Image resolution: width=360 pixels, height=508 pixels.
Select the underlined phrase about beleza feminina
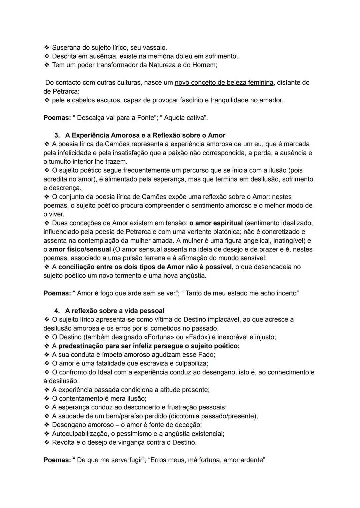click(x=224, y=83)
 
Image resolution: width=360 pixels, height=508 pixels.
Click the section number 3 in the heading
click(x=57, y=136)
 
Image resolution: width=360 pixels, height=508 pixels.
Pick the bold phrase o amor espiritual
click(x=216, y=223)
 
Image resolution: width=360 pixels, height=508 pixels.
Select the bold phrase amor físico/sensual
click(x=80, y=250)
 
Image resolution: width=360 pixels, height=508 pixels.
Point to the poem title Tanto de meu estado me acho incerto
click(x=241, y=293)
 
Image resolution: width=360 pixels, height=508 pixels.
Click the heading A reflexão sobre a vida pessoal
click(x=115, y=311)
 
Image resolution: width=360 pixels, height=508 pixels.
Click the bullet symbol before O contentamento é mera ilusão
click(x=46, y=399)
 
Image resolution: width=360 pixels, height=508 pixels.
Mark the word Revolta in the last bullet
click(x=64, y=443)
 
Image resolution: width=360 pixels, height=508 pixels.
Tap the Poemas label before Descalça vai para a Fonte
click(x=57, y=118)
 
